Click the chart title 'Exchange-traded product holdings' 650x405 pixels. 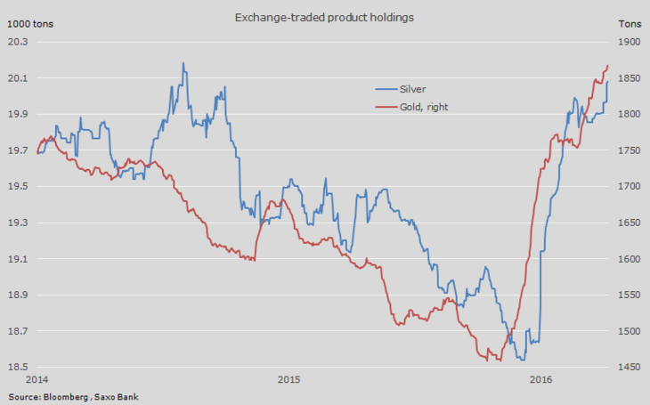tap(323, 16)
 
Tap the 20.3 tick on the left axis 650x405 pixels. tap(19, 42)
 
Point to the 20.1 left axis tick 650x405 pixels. tap(19, 78)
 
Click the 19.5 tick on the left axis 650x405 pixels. tap(19, 187)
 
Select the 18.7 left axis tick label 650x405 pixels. tap(19, 331)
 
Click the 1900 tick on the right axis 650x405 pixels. tap(629, 42)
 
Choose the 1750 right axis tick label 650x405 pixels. tap(629, 150)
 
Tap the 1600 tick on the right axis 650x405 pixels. tap(629, 259)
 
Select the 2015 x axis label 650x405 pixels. tap(289, 380)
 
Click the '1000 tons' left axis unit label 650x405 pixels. tap(30, 23)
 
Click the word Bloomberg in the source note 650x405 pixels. tap(66, 396)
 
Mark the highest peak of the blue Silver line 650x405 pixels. tap(183, 63)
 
